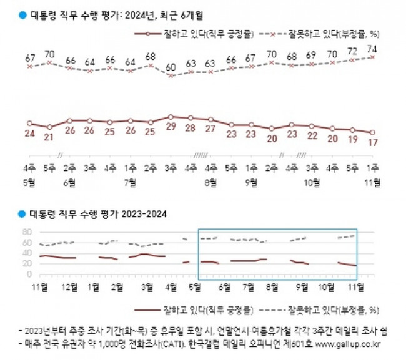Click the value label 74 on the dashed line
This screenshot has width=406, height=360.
pyautogui.click(x=373, y=48)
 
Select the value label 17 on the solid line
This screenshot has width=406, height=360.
pyautogui.click(x=373, y=142)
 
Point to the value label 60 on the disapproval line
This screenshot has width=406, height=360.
pyautogui.click(x=171, y=66)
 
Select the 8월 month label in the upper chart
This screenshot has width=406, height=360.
pyautogui.click(x=210, y=183)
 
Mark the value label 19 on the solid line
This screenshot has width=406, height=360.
pyautogui.click(x=352, y=140)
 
